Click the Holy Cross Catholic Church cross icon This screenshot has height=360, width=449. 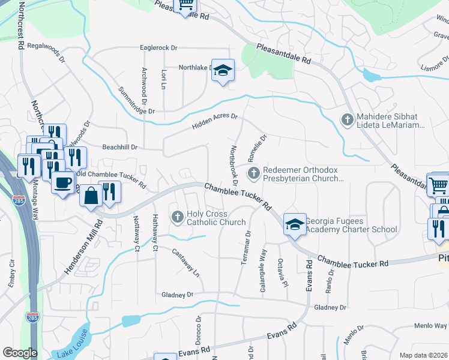point(177,216)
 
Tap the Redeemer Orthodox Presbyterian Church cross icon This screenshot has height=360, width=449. point(254,173)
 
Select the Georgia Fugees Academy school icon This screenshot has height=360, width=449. point(295,224)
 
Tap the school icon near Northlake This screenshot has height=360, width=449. point(222,71)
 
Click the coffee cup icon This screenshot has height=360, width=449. point(62,182)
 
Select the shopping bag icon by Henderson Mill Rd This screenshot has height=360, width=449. point(91,196)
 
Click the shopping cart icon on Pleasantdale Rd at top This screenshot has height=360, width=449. point(186,5)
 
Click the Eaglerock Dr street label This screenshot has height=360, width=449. point(158,47)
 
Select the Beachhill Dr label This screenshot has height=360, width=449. point(120,146)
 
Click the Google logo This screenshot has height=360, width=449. point(20,353)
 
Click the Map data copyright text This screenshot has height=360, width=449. point(423,355)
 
